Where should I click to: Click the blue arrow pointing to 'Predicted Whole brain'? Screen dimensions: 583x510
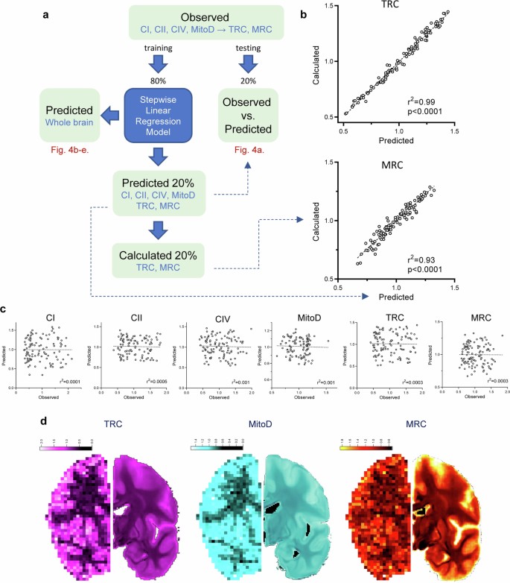[x=109, y=115]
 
